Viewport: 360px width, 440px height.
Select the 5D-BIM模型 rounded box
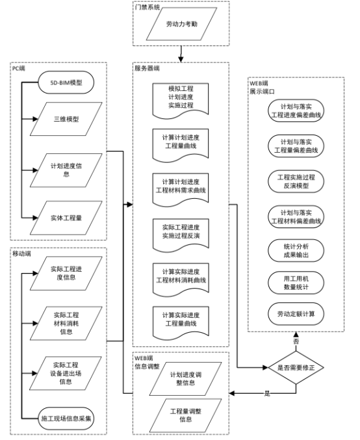point(66,82)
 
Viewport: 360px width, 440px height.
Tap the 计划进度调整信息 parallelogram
point(179,379)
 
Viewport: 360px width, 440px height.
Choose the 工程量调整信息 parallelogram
point(179,414)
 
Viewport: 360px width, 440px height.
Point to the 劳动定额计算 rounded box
point(296,314)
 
